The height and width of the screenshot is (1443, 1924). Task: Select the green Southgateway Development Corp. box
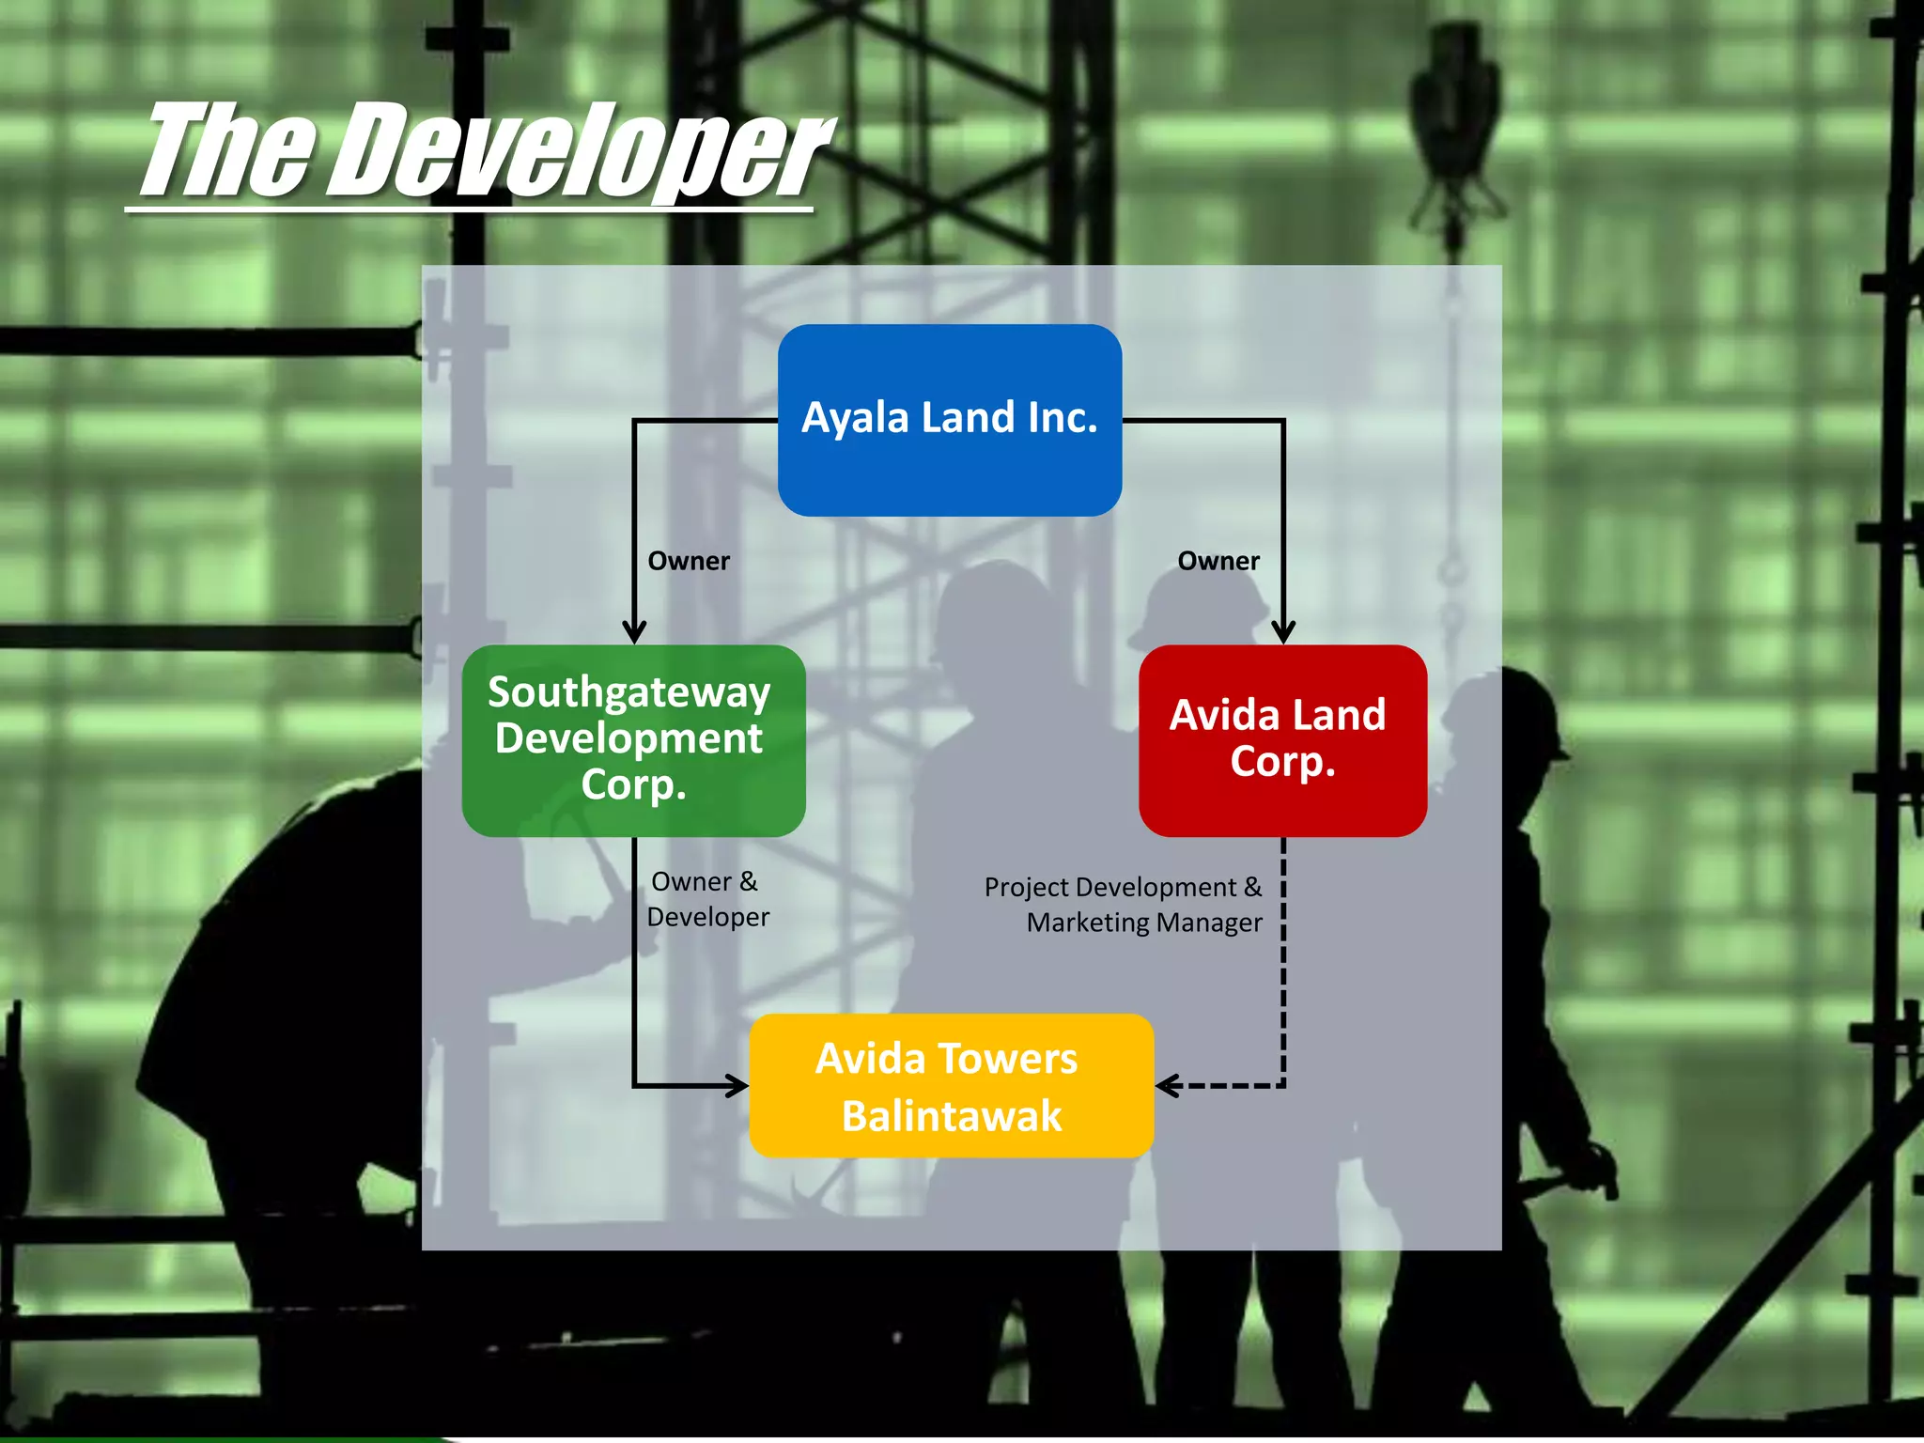[633, 739]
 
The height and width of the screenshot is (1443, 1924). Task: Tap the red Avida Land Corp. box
[1282, 739]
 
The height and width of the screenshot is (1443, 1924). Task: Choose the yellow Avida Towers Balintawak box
[951, 1085]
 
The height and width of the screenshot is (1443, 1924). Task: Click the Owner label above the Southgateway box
[689, 561]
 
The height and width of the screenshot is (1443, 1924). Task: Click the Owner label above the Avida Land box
[1218, 561]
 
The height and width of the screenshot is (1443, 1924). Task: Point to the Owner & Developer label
[707, 899]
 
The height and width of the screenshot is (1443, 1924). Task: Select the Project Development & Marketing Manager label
[1124, 904]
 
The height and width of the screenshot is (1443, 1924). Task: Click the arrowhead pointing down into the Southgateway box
[634, 631]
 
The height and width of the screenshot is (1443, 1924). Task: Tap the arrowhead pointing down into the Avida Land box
[1283, 631]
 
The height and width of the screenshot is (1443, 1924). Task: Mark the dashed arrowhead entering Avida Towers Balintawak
[1168, 1086]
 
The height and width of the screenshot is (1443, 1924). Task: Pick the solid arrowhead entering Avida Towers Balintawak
[736, 1086]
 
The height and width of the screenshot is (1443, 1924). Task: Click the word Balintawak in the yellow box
[951, 1116]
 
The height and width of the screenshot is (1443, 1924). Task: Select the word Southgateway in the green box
[628, 692]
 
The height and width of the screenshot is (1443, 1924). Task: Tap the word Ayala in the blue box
[854, 417]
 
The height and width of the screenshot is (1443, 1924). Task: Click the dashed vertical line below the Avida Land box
[1283, 968]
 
